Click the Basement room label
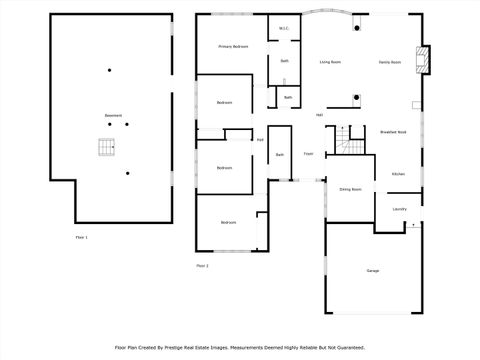click(x=113, y=116)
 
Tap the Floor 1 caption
click(x=81, y=237)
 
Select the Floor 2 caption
click(x=202, y=266)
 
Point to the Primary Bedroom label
click(x=234, y=47)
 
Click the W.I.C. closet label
click(x=284, y=28)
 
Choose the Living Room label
click(x=330, y=62)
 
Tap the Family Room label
click(x=390, y=62)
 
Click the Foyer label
click(x=309, y=154)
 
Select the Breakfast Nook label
click(x=393, y=132)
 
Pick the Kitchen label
click(x=397, y=174)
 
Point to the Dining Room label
click(x=350, y=188)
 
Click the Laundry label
click(x=399, y=209)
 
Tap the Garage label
click(x=373, y=271)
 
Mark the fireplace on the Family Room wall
click(x=425, y=60)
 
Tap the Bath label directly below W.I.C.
click(x=285, y=61)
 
